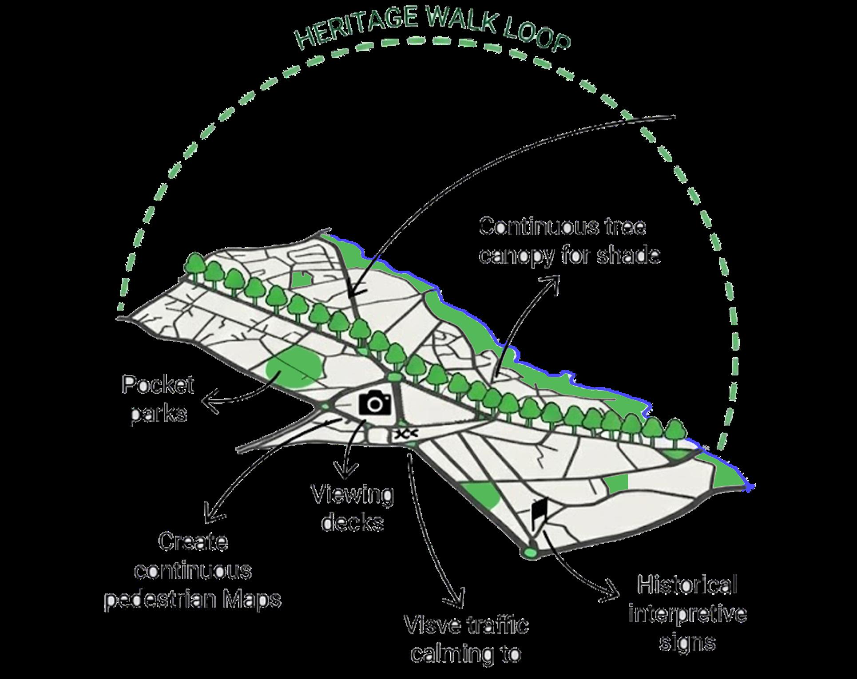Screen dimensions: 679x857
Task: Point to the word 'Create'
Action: [x=193, y=542]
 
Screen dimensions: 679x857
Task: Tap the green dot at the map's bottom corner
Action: [x=529, y=553]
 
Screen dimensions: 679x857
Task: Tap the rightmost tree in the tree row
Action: [x=675, y=431]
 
